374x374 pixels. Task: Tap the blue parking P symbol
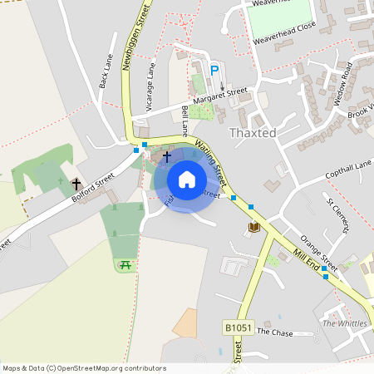pos(214,71)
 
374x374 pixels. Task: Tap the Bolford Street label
pos(91,187)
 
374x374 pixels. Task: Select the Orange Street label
pos(317,249)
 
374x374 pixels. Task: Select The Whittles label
pos(343,322)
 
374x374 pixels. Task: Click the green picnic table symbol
pos(125,264)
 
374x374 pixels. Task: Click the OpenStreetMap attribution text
pos(84,368)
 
